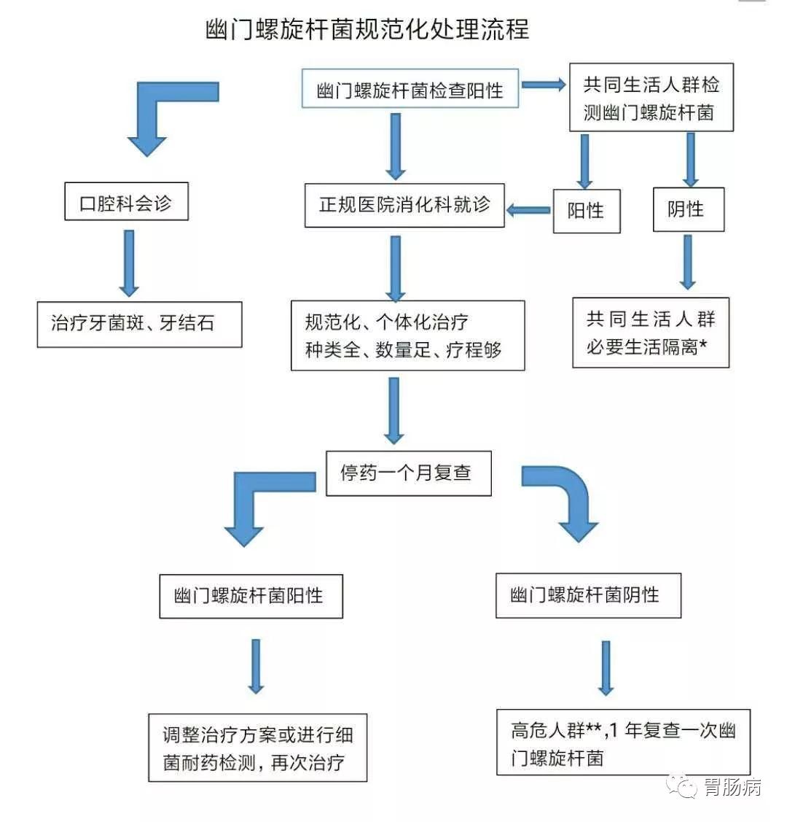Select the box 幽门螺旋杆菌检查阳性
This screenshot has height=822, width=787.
[410, 90]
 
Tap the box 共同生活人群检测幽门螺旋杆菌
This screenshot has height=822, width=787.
[651, 98]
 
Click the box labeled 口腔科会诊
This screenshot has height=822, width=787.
[125, 202]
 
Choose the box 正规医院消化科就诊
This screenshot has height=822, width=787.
[404, 205]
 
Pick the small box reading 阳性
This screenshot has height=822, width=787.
[586, 211]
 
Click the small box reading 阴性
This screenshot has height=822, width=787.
[687, 209]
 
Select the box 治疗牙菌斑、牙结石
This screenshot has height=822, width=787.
[139, 324]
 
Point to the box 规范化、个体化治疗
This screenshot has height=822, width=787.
[407, 336]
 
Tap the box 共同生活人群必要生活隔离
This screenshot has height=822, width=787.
[651, 332]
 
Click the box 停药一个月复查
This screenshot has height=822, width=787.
[408, 473]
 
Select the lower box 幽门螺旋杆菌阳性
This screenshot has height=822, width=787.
[251, 596]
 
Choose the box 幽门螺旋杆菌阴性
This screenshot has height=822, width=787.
[587, 595]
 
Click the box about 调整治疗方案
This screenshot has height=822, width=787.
[257, 748]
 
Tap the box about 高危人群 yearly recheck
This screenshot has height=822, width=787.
[623, 742]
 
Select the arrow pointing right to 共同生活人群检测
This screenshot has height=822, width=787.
[544, 85]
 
